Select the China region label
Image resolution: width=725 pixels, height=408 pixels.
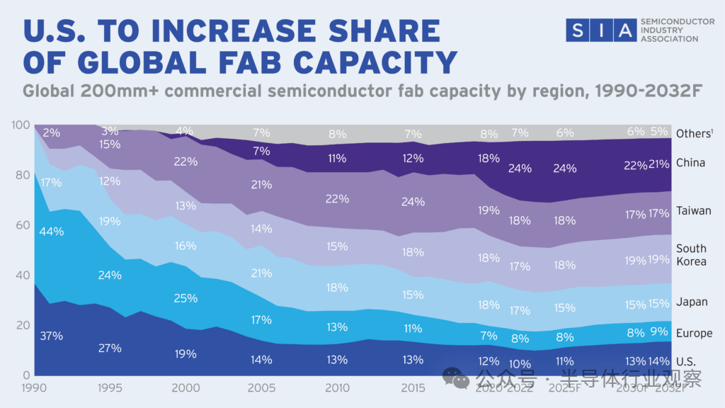[690, 163]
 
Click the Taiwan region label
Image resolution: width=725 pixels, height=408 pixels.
[693, 211]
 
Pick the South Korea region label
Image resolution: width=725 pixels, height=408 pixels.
[691, 255]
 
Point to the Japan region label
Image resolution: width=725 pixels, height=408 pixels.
[691, 302]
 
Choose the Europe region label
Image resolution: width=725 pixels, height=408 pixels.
[693, 334]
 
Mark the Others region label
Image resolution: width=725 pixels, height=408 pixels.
[692, 133]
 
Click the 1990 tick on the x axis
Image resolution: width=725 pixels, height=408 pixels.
[34, 388]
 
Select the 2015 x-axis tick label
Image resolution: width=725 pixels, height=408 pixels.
[413, 388]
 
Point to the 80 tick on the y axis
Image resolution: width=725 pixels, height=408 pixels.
[22, 175]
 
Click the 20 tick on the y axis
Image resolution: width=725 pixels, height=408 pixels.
[22, 325]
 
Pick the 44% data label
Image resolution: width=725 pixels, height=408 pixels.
[52, 232]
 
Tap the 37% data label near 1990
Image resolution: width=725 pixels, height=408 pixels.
[52, 336]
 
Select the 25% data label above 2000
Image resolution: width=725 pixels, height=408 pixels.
[185, 298]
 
